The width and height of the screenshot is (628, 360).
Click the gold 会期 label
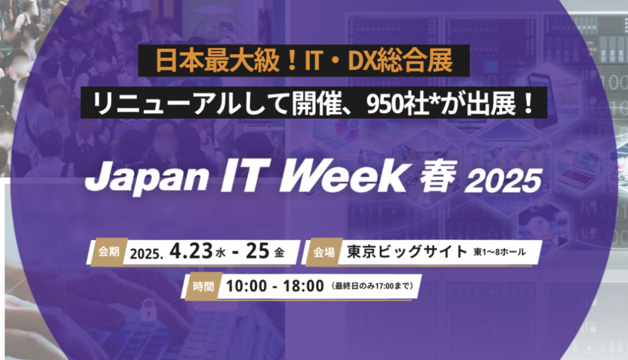coord(109,252)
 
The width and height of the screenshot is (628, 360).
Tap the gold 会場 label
coord(324,252)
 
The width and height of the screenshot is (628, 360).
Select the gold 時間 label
coord(203,287)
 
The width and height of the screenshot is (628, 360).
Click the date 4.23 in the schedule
coord(191,252)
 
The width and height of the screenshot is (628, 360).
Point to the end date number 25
coord(257,251)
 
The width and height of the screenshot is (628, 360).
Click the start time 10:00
coord(246,286)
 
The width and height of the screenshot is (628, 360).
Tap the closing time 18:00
coord(303,286)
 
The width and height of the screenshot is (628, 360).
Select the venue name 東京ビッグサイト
coord(407,252)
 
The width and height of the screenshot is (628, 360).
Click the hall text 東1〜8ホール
coord(499,252)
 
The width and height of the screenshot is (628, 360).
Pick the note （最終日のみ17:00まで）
coord(372,286)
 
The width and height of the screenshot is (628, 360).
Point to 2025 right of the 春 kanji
coord(503,181)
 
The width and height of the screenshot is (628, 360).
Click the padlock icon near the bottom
coord(148,310)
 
